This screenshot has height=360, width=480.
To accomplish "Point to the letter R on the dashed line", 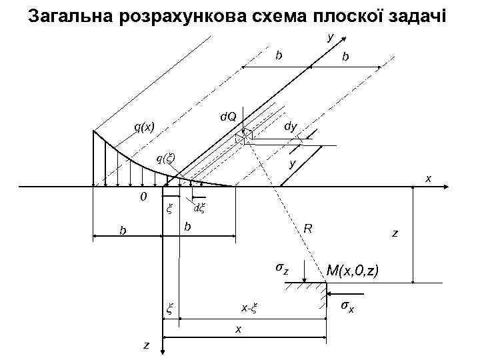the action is click(307, 228).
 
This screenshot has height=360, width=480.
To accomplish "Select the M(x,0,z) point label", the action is click(353, 271).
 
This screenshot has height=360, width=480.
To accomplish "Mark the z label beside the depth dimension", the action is click(395, 233).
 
